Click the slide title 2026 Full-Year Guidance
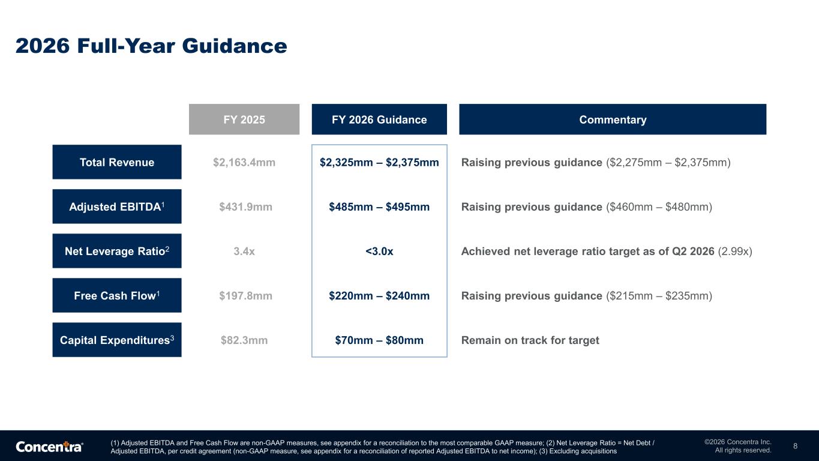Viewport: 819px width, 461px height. pyautogui.click(x=151, y=46)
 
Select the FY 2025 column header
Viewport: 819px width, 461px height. pyautogui.click(x=244, y=119)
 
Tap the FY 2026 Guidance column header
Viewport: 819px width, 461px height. pyautogui.click(x=379, y=119)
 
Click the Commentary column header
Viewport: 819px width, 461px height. pyautogui.click(x=613, y=119)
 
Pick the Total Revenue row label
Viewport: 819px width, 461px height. pyautogui.click(x=117, y=162)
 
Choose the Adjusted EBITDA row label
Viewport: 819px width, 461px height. pyautogui.click(x=117, y=206)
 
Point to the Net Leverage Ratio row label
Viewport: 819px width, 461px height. pyautogui.click(x=117, y=251)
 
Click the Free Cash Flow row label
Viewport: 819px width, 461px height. pyautogui.click(x=117, y=295)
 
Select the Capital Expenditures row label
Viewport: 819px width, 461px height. pyautogui.click(x=117, y=340)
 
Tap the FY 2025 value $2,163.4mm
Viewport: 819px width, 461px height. pyautogui.click(x=244, y=163)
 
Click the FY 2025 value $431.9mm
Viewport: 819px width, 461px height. pyautogui.click(x=246, y=206)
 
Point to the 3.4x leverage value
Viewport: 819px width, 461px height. pyautogui.click(x=244, y=252)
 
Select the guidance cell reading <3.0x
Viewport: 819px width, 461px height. pyautogui.click(x=379, y=252)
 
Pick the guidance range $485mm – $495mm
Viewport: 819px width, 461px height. pyautogui.click(x=379, y=206)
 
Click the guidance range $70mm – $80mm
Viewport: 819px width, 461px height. pyautogui.click(x=379, y=340)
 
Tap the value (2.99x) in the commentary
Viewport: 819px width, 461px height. pyautogui.click(x=735, y=252)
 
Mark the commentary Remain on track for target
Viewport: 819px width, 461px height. pyautogui.click(x=530, y=340)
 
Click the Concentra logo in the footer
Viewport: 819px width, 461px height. pyautogui.click(x=49, y=447)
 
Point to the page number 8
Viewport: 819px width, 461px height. pyautogui.click(x=795, y=446)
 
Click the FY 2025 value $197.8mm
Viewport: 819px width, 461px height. pyautogui.click(x=246, y=295)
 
